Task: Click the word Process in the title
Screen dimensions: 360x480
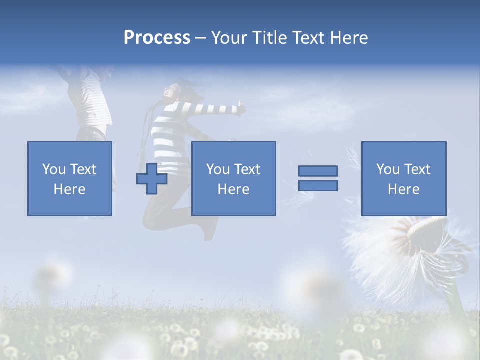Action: pyautogui.click(x=157, y=38)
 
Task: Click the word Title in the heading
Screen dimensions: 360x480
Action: pyautogui.click(x=270, y=38)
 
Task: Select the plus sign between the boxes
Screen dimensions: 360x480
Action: pyautogui.click(x=152, y=178)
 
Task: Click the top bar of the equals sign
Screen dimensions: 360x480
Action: pyautogui.click(x=318, y=171)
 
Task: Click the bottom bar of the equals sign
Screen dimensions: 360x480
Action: pyautogui.click(x=318, y=185)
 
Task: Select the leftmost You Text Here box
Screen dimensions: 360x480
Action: pyautogui.click(x=69, y=178)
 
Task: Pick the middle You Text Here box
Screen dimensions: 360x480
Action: pyautogui.click(x=233, y=178)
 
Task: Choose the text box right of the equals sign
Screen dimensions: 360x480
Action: pyautogui.click(x=403, y=178)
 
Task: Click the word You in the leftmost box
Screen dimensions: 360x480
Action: pyautogui.click(x=54, y=169)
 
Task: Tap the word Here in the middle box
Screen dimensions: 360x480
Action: pyautogui.click(x=233, y=189)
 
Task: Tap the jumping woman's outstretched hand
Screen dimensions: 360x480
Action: pyautogui.click(x=242, y=106)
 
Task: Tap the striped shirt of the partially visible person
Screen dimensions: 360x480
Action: pyautogui.click(x=90, y=100)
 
